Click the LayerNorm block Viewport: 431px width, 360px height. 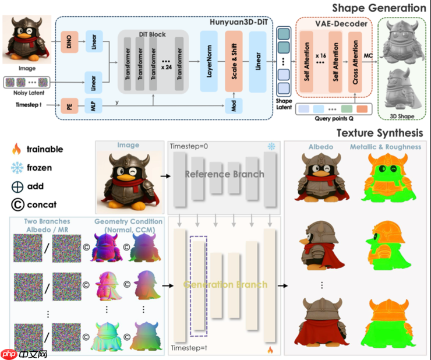(209, 61)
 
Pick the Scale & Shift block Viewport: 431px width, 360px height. (233, 61)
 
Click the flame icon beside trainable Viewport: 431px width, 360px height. (16, 149)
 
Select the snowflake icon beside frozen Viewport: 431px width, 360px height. (16, 168)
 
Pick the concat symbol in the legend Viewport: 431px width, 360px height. (16, 205)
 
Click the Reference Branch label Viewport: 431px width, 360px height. (224, 174)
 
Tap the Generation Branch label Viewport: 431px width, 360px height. (225, 284)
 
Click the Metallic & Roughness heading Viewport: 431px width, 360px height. (385, 146)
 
